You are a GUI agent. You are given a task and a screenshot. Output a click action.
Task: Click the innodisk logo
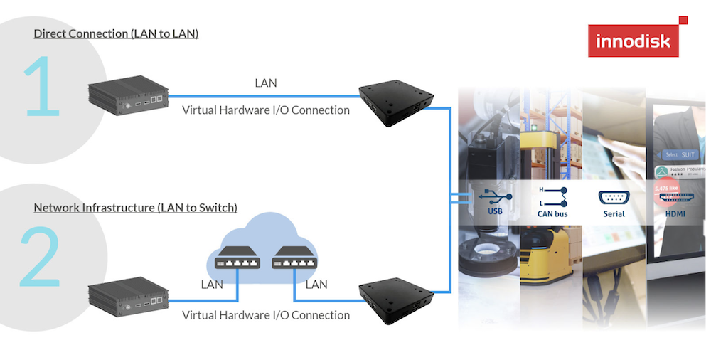click(x=634, y=40)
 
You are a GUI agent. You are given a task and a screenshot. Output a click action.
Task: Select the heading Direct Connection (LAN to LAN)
click(x=116, y=33)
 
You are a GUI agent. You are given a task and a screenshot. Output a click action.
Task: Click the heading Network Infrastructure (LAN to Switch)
click(x=136, y=208)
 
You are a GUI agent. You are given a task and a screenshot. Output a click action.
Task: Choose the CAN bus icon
click(x=552, y=196)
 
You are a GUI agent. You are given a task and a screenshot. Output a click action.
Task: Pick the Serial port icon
click(x=614, y=197)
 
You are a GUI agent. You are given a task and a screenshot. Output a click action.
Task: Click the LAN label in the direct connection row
click(x=266, y=83)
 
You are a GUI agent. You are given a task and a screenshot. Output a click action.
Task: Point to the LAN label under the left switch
click(x=212, y=285)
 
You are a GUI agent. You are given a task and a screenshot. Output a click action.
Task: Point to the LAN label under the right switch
click(x=316, y=285)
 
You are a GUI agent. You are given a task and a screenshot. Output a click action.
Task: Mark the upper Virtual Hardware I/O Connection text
click(x=266, y=110)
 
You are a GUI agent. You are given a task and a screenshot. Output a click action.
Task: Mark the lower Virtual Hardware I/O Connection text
click(x=266, y=314)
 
